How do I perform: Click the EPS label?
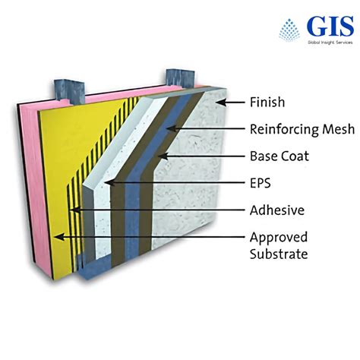point(260,183)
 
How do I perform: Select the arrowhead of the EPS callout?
point(106,183)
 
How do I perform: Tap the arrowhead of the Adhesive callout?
point(71,210)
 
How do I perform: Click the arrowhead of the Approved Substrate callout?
point(55,237)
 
